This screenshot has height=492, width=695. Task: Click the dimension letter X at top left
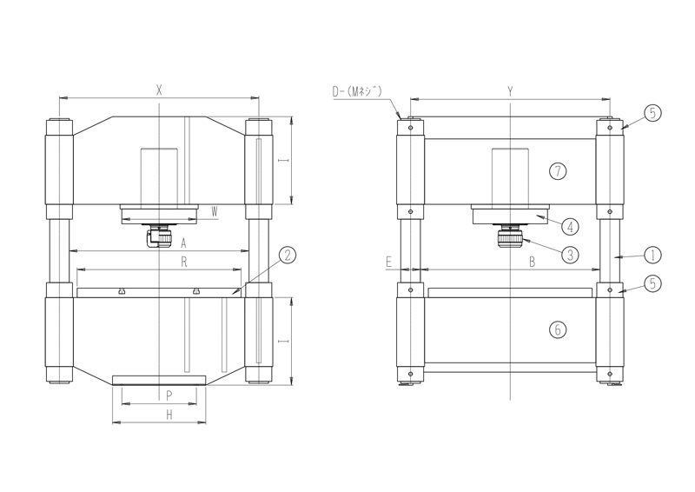pyautogui.click(x=159, y=90)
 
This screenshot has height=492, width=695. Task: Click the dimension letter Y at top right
pyautogui.click(x=510, y=91)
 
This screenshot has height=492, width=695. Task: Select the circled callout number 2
pyautogui.click(x=288, y=255)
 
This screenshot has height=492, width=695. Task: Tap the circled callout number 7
pyautogui.click(x=558, y=170)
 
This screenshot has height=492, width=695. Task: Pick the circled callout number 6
pyautogui.click(x=558, y=329)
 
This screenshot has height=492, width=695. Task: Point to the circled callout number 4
pyautogui.click(x=570, y=227)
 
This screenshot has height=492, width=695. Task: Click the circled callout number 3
pyautogui.click(x=570, y=255)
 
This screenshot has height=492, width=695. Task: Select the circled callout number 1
pyautogui.click(x=652, y=255)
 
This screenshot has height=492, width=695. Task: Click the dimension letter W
pyautogui.click(x=215, y=212)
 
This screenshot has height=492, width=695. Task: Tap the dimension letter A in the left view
pyautogui.click(x=183, y=243)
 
